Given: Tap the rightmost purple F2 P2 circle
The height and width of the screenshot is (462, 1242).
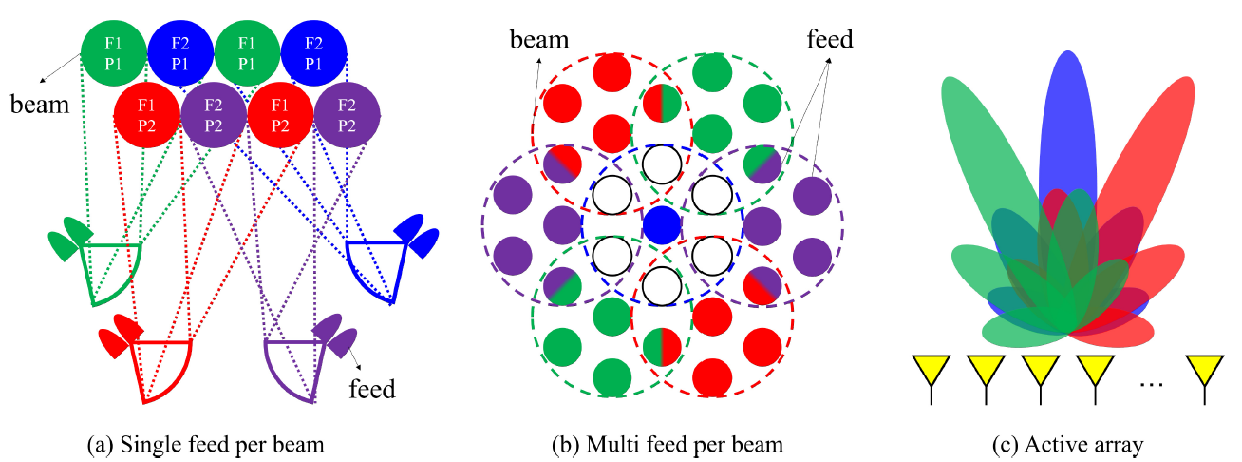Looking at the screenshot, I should tap(348, 115).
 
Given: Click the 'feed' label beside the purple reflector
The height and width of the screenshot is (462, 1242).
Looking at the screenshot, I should tap(373, 389).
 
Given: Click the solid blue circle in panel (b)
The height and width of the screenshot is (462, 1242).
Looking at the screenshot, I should tap(662, 226).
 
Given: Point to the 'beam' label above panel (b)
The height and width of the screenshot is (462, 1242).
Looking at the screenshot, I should tap(539, 40).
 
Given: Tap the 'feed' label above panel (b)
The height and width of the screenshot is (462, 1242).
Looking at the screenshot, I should tap(829, 40).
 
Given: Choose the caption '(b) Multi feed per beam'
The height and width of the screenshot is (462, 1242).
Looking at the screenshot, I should tap(664, 444).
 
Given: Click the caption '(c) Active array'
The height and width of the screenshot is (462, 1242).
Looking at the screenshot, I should tap(1069, 444).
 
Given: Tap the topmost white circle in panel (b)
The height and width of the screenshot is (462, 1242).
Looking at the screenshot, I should tap(662, 164).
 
